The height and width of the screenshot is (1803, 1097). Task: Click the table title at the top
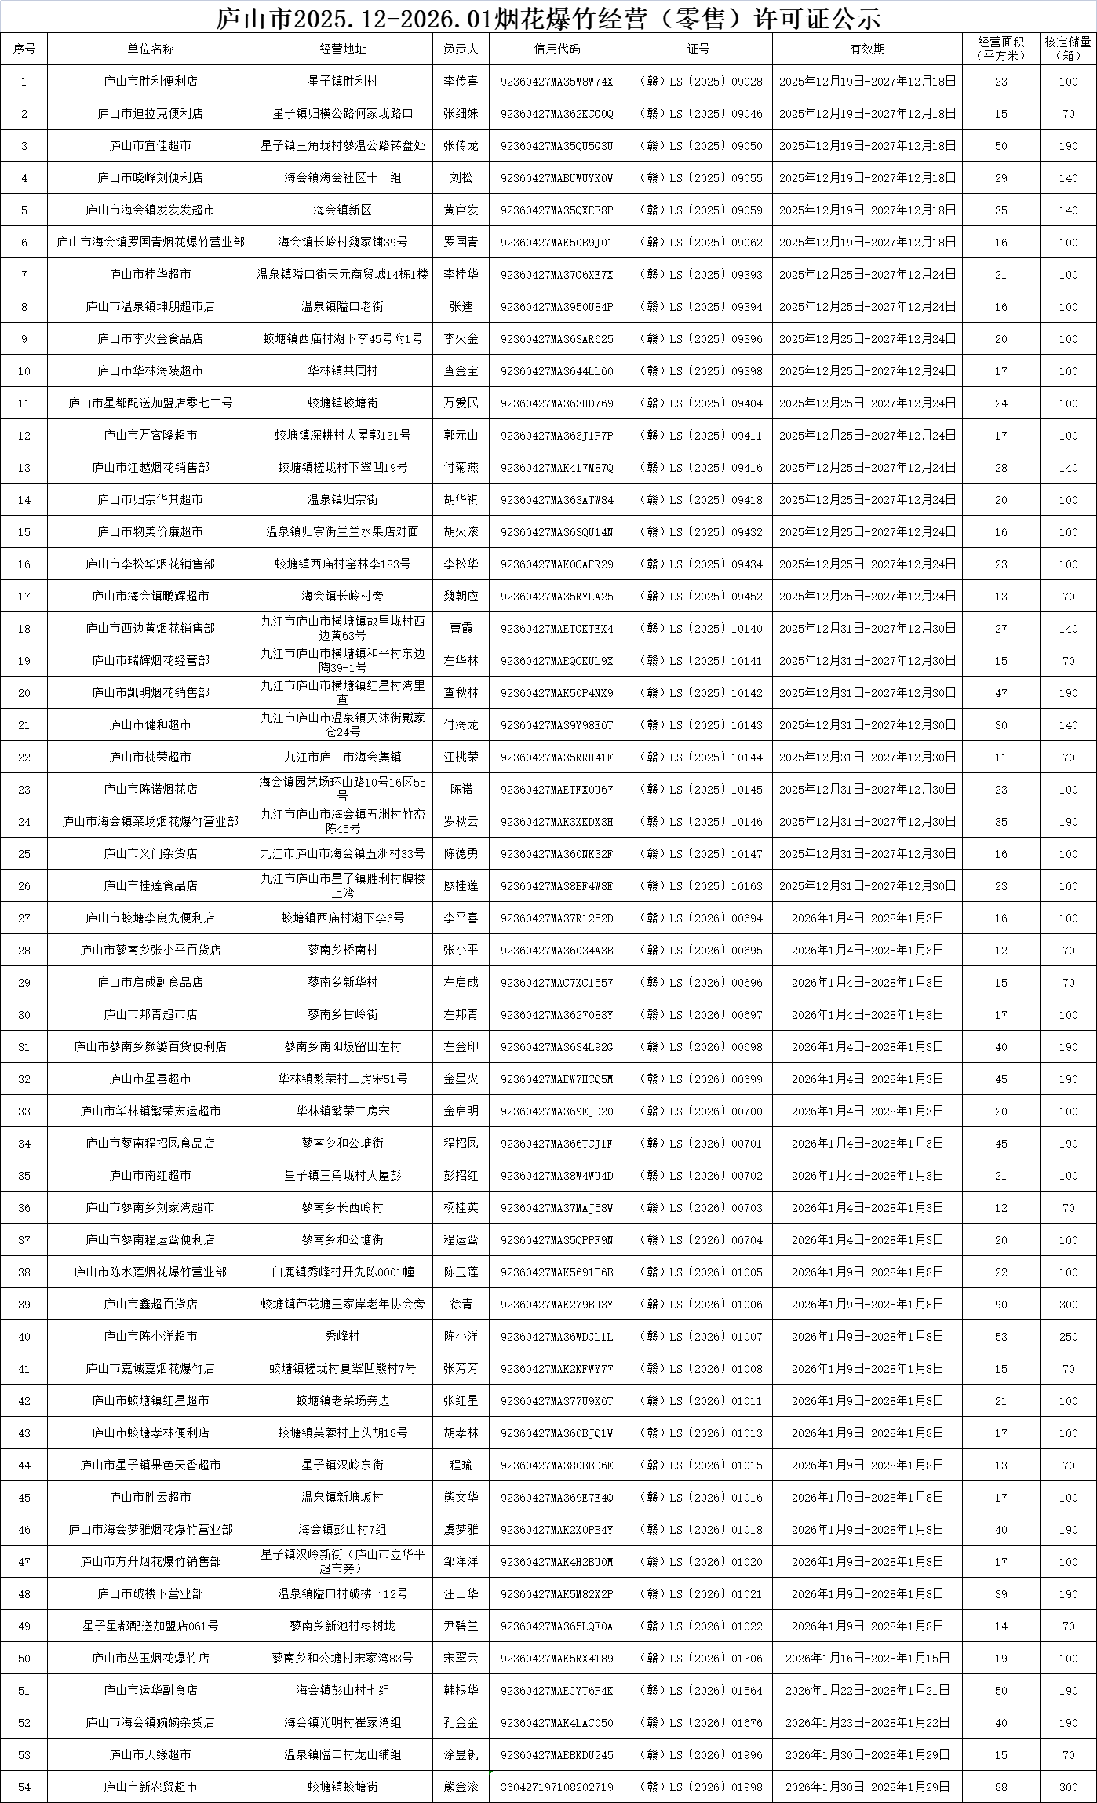click(548, 16)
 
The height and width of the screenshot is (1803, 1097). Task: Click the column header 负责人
click(461, 49)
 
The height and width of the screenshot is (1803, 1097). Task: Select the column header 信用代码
click(556, 49)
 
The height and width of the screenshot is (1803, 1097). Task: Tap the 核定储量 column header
click(1067, 49)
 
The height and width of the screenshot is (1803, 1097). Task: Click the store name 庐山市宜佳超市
click(150, 145)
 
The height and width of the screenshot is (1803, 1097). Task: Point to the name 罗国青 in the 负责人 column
click(461, 242)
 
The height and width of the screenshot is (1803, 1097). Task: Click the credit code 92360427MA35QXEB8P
click(556, 210)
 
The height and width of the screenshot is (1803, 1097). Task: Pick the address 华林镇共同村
click(342, 370)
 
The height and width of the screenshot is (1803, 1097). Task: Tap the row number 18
click(24, 628)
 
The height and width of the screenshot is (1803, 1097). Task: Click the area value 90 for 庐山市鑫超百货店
click(1000, 1304)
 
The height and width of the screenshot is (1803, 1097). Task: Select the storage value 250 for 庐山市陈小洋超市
click(1067, 1336)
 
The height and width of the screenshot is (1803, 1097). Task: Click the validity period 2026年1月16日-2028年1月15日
click(867, 1658)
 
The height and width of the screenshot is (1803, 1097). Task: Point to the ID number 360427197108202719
click(556, 1787)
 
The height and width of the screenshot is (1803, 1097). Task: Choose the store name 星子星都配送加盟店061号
click(150, 1626)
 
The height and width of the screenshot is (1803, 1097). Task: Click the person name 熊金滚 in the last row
click(461, 1787)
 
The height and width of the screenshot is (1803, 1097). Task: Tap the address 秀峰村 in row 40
click(342, 1336)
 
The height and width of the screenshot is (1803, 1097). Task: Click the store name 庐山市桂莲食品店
click(150, 885)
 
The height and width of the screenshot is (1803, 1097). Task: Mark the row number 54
click(24, 1787)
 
